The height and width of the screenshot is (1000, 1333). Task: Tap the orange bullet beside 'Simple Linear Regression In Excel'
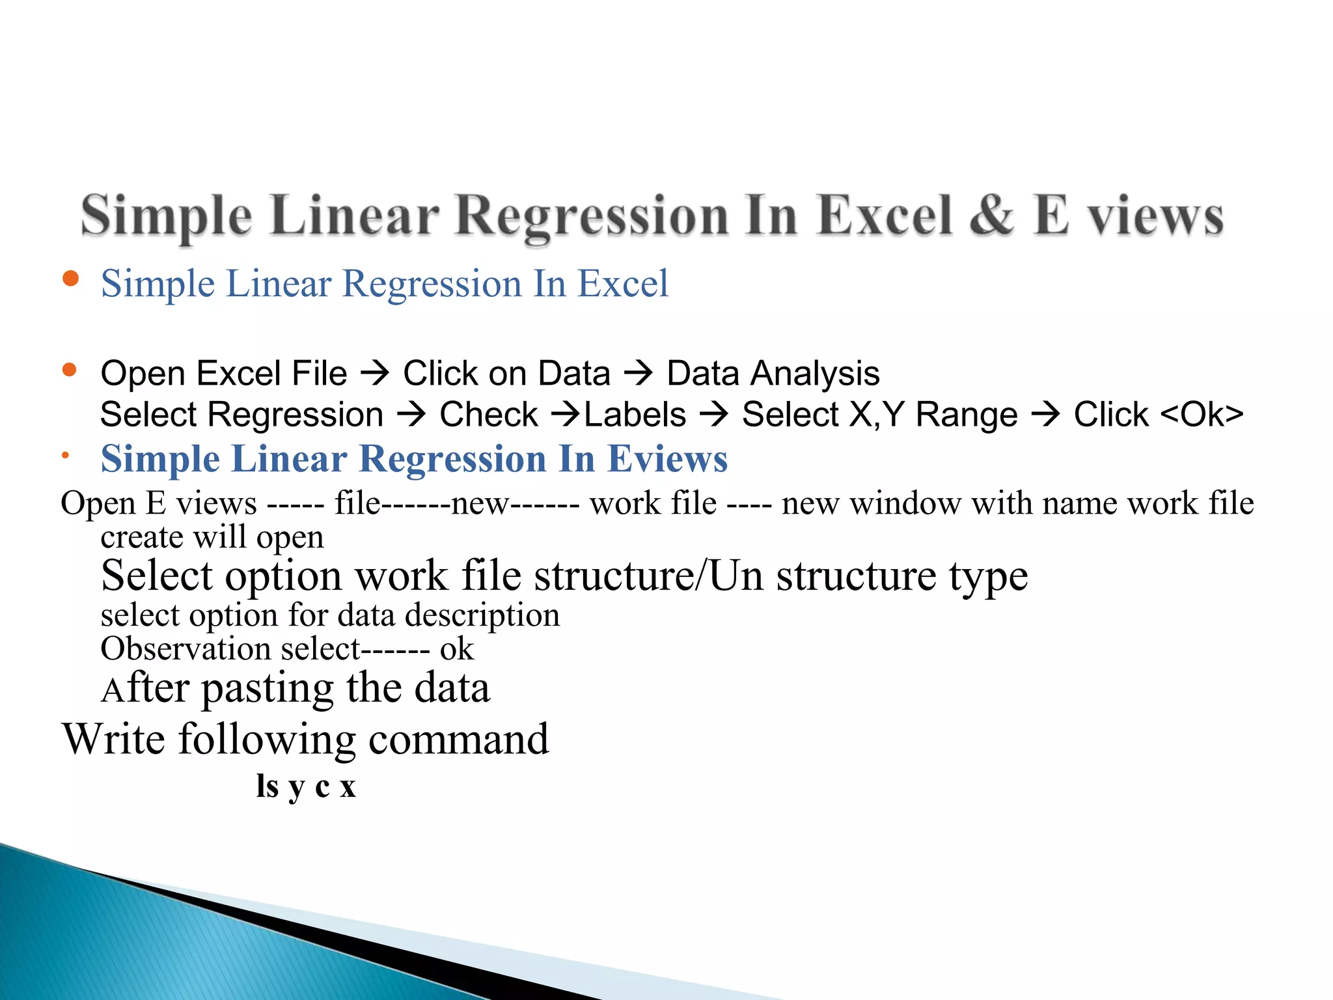coord(70,279)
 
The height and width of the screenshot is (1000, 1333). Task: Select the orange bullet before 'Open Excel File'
coord(70,370)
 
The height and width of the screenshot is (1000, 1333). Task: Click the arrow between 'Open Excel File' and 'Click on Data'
coord(375,373)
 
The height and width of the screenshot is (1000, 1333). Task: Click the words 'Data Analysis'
coord(773,374)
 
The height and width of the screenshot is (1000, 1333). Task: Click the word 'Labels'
coord(635,415)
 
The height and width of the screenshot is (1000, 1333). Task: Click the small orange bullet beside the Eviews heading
coord(65,456)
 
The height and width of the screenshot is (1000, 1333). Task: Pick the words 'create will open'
coord(212,538)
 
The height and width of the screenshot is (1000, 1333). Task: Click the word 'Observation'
coord(186,649)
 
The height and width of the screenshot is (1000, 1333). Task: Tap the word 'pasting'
coord(268,689)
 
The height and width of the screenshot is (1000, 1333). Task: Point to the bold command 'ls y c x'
coord(306,786)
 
